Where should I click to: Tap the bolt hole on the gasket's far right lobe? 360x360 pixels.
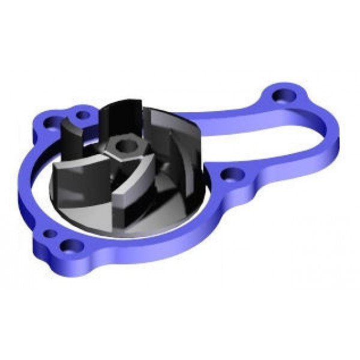click(x=280, y=95)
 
